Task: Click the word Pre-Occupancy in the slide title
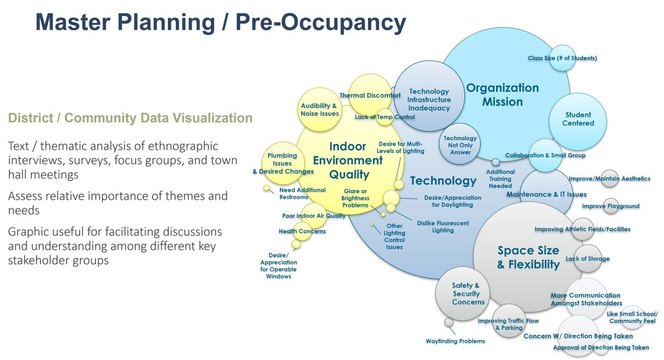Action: coord(321,22)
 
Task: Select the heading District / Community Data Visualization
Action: coord(130,118)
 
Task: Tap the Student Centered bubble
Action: coord(578,119)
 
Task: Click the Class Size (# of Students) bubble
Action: coord(562,58)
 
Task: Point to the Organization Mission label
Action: coord(502,95)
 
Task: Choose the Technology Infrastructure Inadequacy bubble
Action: coord(429,99)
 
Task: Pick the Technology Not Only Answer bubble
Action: coord(460,145)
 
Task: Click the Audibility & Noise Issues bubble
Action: coord(320,110)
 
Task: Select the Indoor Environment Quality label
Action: coord(348,160)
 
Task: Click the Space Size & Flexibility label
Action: coord(528,257)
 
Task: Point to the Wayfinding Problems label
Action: coord(455,341)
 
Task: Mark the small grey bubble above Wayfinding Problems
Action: coord(449,322)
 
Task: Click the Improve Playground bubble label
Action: coord(610,206)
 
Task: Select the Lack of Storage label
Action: coord(587,259)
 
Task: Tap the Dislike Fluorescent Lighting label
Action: coord(443,227)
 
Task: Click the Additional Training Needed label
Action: coord(500,178)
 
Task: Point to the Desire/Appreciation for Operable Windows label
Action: coord(278,266)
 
